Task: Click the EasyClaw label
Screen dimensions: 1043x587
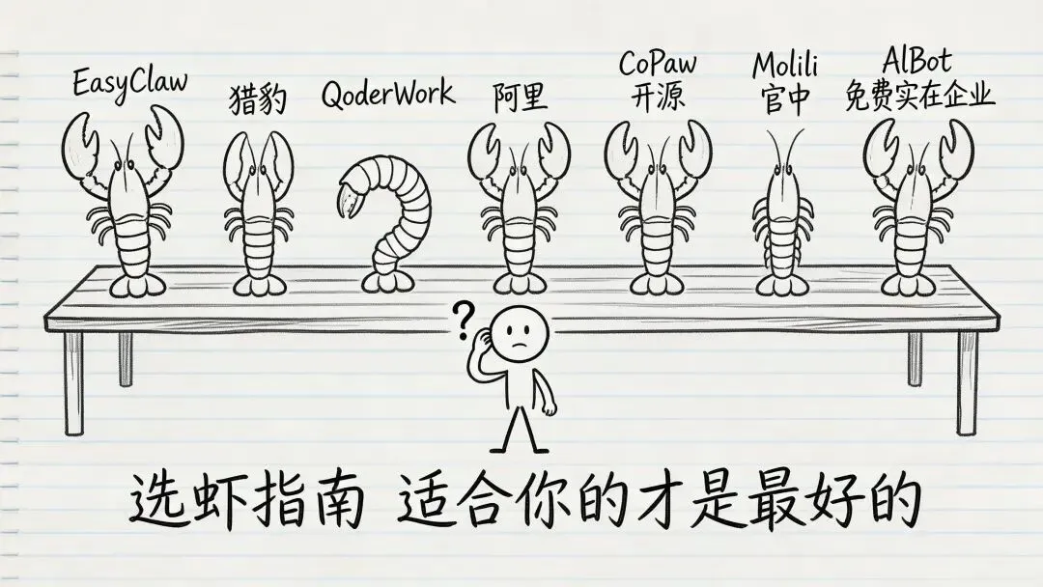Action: pyautogui.click(x=129, y=82)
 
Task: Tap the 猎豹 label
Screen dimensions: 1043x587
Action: pyautogui.click(x=258, y=98)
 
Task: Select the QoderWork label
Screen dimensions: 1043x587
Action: pyautogui.click(x=387, y=95)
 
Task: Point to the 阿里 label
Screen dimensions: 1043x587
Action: pyautogui.click(x=520, y=97)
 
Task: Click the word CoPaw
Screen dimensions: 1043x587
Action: pyautogui.click(x=657, y=65)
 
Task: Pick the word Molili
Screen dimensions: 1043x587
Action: pyautogui.click(x=785, y=66)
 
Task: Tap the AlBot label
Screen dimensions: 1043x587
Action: pyautogui.click(x=916, y=62)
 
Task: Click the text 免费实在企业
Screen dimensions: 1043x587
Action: pyautogui.click(x=918, y=98)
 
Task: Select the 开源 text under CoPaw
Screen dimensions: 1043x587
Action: pyautogui.click(x=658, y=98)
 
